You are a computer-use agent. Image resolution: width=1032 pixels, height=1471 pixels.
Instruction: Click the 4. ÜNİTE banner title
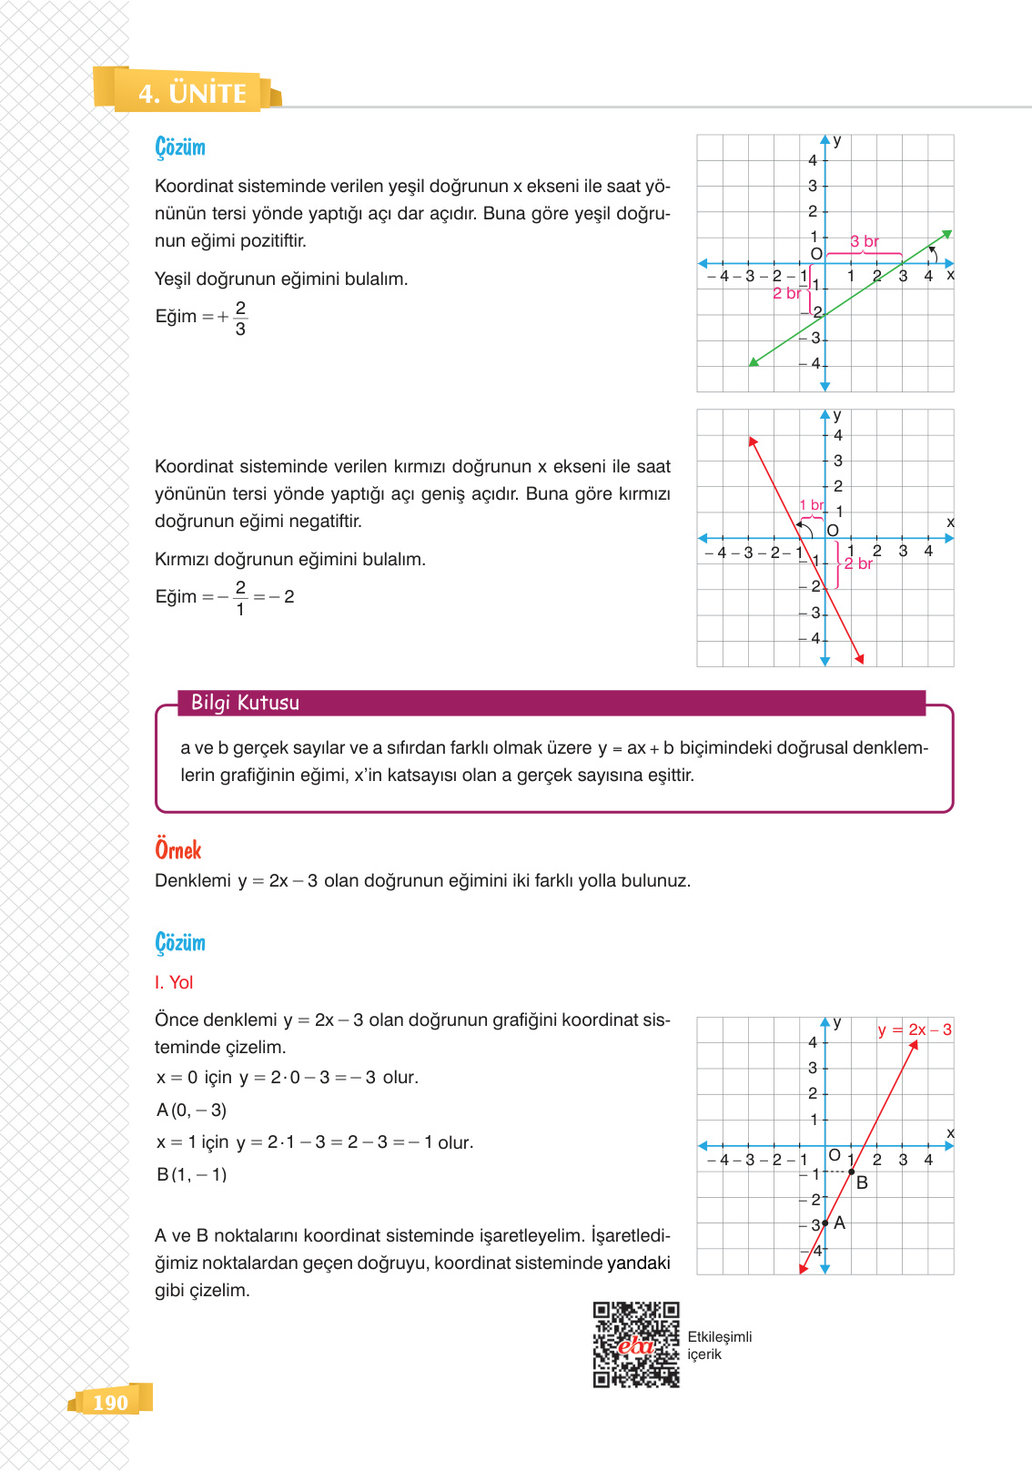tap(192, 93)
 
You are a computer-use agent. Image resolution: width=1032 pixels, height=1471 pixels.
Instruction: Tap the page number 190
tap(110, 1403)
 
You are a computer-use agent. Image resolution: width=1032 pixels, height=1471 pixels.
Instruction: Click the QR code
tap(636, 1344)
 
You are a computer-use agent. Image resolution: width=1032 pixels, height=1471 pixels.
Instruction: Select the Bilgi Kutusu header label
tap(245, 703)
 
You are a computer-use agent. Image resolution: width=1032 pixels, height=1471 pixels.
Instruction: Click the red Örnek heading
tap(178, 849)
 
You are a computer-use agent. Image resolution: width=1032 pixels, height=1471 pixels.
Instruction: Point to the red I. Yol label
tap(174, 982)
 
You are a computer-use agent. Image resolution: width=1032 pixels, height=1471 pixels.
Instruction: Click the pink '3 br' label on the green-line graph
tap(865, 241)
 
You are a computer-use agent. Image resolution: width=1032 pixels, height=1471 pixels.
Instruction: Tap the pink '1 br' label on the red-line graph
tap(811, 504)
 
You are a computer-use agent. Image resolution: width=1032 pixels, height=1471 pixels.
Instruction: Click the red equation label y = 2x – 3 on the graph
tap(915, 1030)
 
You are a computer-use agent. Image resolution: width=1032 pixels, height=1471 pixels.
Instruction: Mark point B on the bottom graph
tap(852, 1172)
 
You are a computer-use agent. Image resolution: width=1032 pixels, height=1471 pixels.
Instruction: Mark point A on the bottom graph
tap(825, 1222)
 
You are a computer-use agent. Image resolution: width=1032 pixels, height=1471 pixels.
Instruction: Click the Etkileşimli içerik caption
tap(719, 1345)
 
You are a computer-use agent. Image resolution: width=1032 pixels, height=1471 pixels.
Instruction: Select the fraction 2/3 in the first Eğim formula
tap(240, 318)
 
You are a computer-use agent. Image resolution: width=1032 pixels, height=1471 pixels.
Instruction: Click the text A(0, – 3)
tap(191, 1110)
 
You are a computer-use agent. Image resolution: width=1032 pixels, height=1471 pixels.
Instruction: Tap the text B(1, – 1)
tap(191, 1174)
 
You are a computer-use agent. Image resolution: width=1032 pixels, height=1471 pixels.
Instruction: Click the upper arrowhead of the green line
tap(947, 234)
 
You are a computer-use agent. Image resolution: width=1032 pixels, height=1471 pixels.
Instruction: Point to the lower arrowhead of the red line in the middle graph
tap(859, 659)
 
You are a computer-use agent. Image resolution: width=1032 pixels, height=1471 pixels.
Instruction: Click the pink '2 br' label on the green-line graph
tap(786, 293)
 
